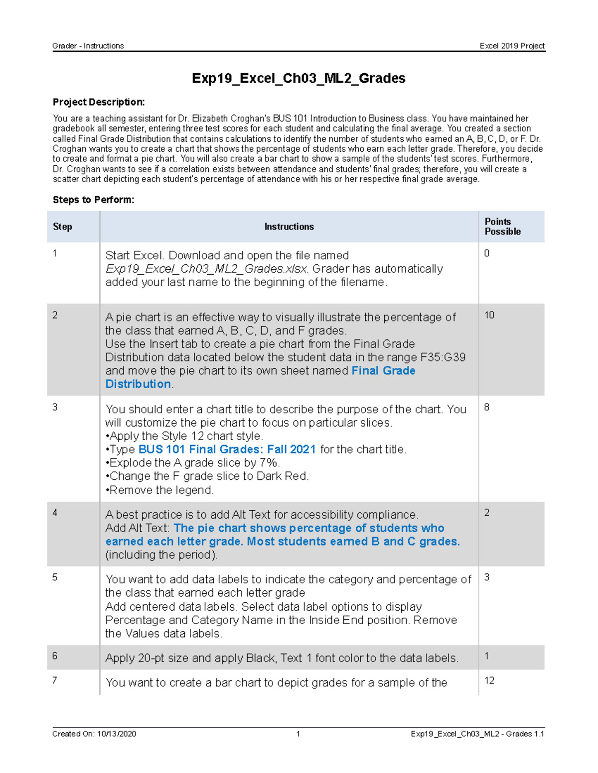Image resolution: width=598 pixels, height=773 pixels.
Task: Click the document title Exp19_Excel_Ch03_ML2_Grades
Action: pos(299,78)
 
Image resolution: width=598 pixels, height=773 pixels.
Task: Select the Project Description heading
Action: pos(99,102)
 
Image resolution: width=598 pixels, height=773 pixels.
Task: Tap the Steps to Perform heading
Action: pos(93,200)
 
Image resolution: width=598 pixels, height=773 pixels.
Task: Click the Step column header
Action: pos(62,226)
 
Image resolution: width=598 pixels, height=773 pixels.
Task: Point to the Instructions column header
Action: pos(289,226)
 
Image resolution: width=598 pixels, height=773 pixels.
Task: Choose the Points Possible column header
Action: pos(502,226)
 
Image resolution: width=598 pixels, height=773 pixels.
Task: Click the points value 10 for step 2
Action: pos(489,315)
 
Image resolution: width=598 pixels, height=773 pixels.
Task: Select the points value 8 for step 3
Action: pos(487,407)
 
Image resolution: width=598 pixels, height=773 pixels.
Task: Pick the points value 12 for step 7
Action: pos(489,680)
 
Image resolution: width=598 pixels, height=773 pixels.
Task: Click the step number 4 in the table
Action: pos(55,513)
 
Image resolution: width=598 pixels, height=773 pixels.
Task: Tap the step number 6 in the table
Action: pos(55,656)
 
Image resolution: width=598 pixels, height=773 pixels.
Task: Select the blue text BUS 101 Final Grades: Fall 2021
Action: pos(227,449)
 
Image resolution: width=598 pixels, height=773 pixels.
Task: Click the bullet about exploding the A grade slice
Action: pos(193,463)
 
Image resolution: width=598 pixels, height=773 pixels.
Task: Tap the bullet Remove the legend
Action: pos(159,490)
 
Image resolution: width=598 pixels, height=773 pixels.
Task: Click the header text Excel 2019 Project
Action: pos(512,46)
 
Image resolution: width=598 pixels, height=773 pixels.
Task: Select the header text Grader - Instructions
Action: pos(88,46)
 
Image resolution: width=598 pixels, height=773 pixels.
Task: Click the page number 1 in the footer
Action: pos(298,734)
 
